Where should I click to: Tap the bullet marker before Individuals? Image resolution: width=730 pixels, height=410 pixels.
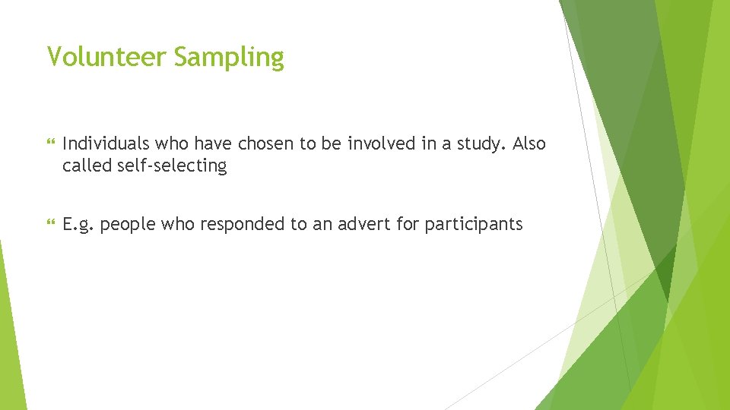click(x=51, y=143)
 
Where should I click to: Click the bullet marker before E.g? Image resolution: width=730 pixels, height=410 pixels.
click(x=51, y=225)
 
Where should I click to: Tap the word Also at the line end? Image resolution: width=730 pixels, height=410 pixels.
click(x=529, y=143)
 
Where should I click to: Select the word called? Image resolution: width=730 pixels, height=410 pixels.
click(x=85, y=166)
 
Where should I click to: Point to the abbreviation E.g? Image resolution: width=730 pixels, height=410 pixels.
click(x=78, y=225)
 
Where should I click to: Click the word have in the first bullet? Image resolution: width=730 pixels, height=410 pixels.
click(x=211, y=143)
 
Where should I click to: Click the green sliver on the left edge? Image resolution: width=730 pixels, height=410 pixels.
click(x=11, y=334)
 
